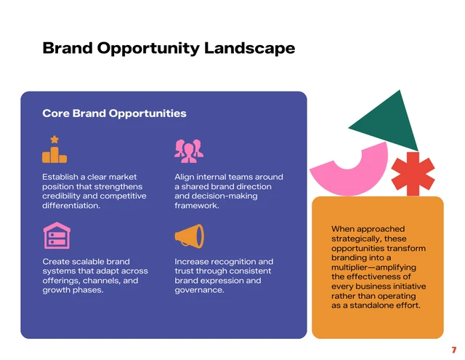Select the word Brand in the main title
68,49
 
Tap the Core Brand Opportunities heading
114,113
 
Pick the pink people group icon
188,151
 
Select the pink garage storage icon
55,236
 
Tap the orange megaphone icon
189,236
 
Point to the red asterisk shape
413,175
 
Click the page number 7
453,350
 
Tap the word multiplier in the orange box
355,268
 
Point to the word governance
199,290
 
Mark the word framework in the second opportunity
196,206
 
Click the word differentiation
71,206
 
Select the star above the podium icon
54,139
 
